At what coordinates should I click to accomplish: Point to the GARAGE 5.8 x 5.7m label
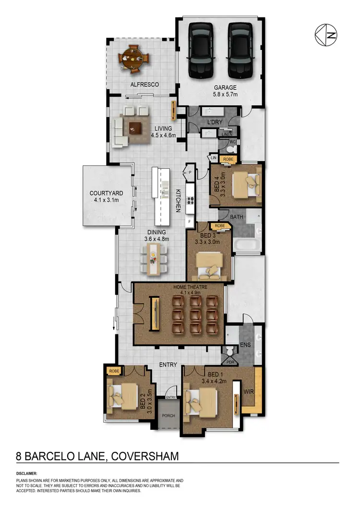[225, 91]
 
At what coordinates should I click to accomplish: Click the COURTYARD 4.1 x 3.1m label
[106, 197]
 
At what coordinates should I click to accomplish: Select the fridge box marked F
[190, 222]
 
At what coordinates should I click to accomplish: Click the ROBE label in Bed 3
[220, 225]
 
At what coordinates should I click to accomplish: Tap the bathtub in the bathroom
[247, 244]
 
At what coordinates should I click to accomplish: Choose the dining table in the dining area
[154, 259]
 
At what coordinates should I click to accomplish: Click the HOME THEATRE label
[190, 287]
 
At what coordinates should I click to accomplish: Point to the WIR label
[248, 391]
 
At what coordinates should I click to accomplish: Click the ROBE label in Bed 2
[114, 371]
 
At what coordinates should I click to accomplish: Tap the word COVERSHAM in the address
[144, 455]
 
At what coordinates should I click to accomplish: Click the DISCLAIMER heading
[28, 473]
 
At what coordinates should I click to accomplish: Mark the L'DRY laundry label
[214, 122]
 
